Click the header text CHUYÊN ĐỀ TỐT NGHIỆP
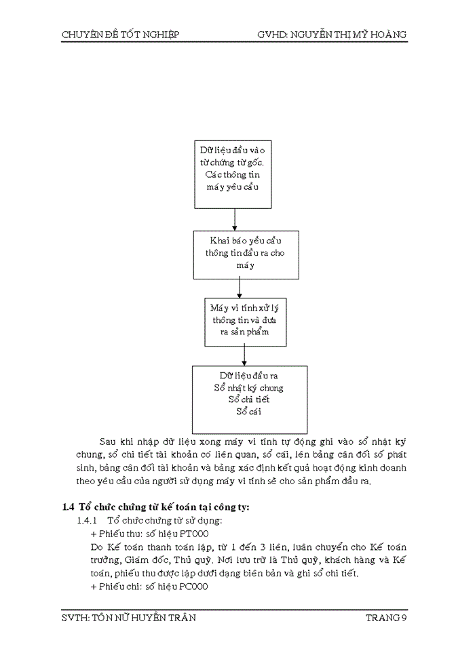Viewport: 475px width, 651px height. click(x=120, y=35)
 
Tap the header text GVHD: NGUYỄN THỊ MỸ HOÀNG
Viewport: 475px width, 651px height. click(x=332, y=35)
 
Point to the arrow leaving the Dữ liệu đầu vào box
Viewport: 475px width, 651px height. click(x=234, y=219)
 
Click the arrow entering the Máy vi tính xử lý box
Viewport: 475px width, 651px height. click(x=240, y=287)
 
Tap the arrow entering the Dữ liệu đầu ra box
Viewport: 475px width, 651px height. click(x=244, y=355)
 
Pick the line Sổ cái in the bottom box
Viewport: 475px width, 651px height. click(x=249, y=411)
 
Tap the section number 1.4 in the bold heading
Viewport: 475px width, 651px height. click(x=67, y=507)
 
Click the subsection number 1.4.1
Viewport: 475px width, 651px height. click(x=88, y=521)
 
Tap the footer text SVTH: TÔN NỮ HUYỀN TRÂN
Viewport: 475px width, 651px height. click(x=129, y=618)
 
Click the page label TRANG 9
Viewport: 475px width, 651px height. click(x=386, y=618)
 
